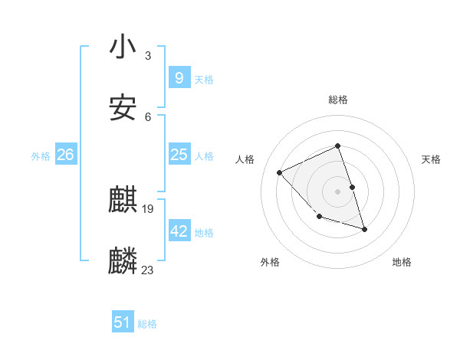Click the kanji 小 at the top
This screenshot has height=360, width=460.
pos(123,47)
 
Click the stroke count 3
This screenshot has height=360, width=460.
pos(148,56)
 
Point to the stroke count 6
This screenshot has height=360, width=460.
pos(148,117)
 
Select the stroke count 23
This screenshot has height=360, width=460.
pos(149,270)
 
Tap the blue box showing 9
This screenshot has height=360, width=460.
pos(179,78)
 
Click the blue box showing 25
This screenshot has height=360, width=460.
pos(179,155)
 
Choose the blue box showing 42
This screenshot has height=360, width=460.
pos(179,231)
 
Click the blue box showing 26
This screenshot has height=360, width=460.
pos(65,155)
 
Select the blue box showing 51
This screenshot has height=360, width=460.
pos(123,323)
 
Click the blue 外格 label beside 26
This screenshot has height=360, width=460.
pos(41,156)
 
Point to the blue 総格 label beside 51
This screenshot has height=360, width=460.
pos(147,325)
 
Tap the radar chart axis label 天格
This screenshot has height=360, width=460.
pos(431,159)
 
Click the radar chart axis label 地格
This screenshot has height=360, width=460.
pos(402,263)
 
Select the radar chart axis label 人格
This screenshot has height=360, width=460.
pos(245,159)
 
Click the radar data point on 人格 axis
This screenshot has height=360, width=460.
pos(280,172)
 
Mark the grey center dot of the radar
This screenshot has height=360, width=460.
pos(337,191)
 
